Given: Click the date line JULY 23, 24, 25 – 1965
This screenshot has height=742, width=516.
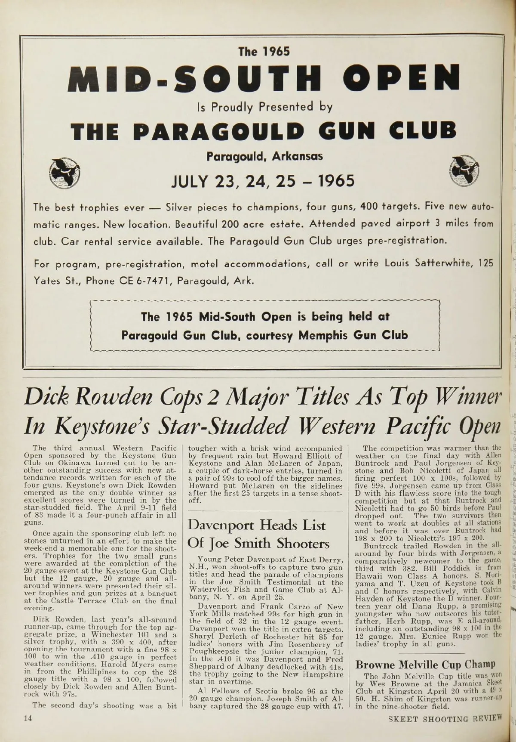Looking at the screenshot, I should click(x=263, y=181).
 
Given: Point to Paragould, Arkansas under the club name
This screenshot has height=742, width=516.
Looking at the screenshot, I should click(x=264, y=156).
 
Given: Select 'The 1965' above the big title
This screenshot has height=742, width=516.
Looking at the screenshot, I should click(x=264, y=52).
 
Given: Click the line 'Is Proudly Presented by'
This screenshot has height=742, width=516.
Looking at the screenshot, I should click(x=264, y=106).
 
